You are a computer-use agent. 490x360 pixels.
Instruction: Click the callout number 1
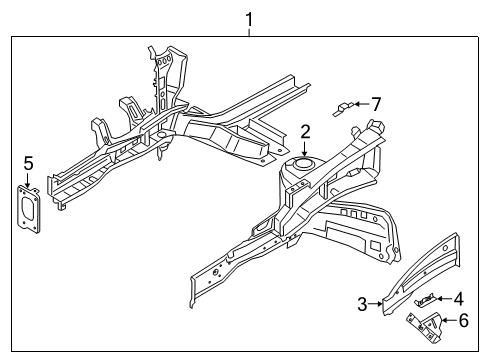249,17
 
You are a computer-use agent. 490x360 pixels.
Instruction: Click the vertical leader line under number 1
249,30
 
